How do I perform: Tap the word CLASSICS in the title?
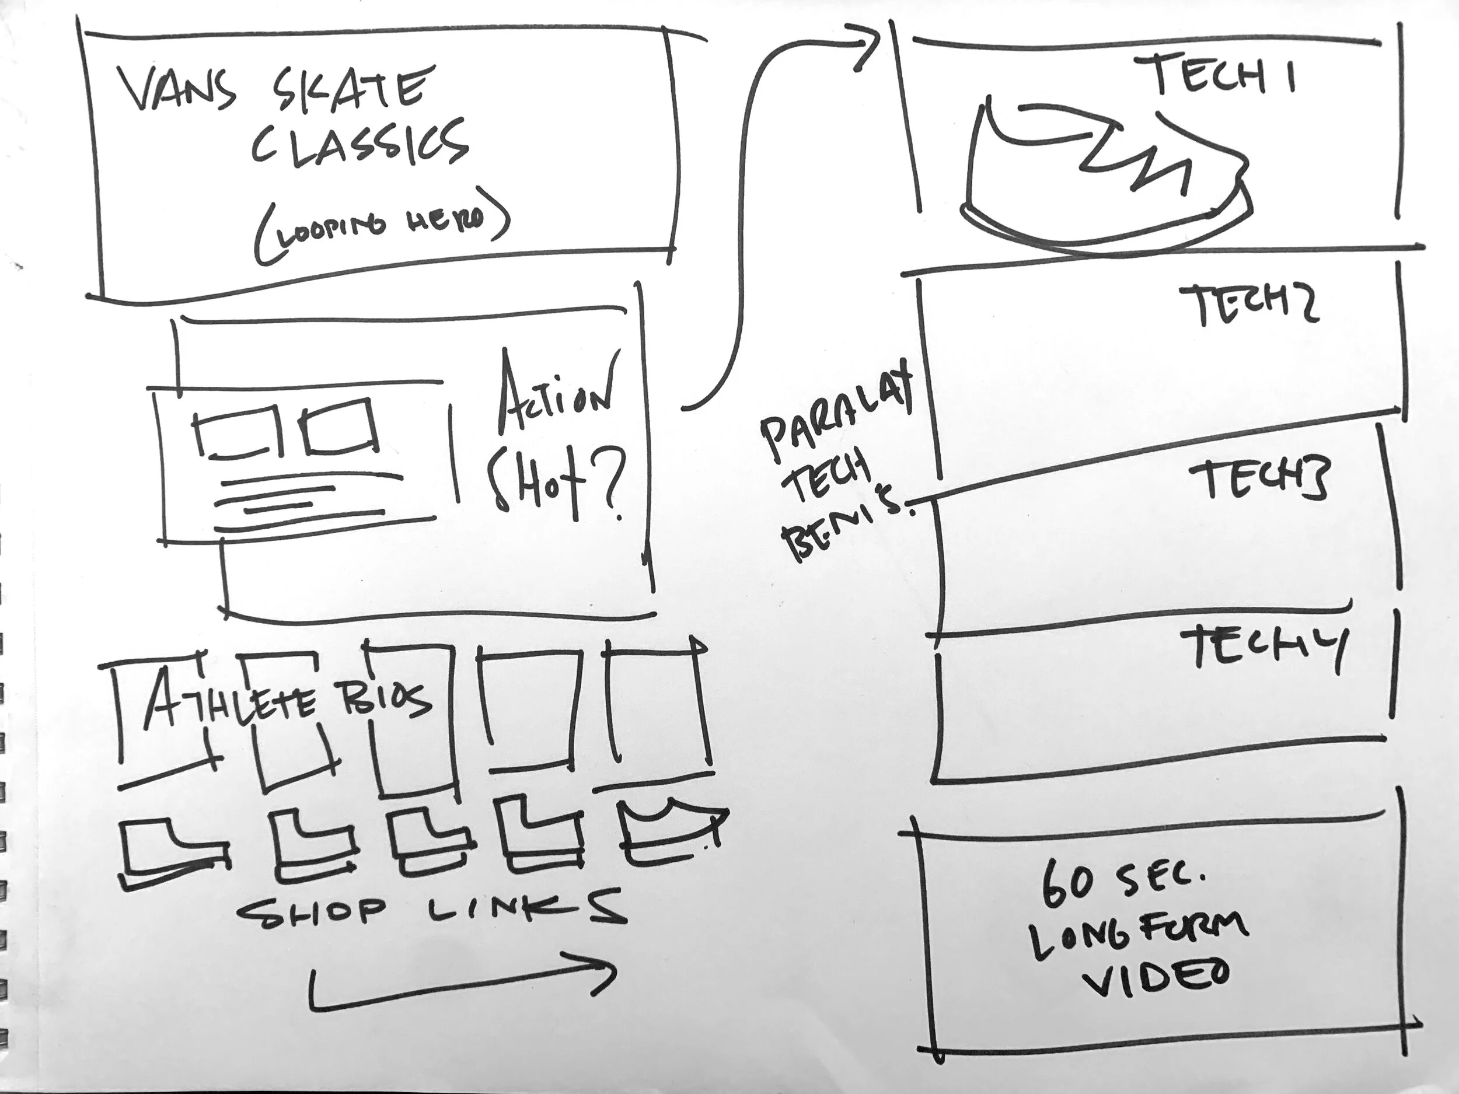point(359,144)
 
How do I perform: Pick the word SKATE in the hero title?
point(343,89)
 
